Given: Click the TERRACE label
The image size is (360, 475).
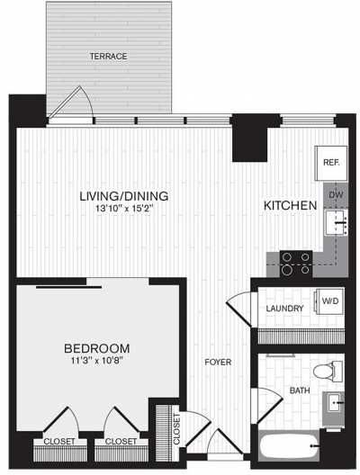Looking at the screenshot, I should click(x=108, y=57).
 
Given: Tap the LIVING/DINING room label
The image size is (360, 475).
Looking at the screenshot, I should click(x=124, y=196).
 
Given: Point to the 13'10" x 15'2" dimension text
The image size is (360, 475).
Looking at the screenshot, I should click(x=124, y=211).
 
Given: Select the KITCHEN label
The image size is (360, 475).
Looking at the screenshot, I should click(x=289, y=206).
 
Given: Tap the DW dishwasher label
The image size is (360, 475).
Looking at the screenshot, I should click(x=334, y=193).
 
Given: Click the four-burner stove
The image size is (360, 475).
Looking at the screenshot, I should click(x=296, y=262).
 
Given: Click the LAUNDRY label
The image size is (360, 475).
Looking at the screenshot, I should click(x=283, y=309).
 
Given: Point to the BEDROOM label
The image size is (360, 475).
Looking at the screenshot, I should click(x=97, y=348).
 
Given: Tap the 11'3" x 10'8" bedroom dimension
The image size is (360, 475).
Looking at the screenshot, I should click(x=97, y=363).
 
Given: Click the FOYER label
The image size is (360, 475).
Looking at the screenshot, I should click(x=218, y=363).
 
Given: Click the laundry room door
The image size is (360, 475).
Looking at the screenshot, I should click(x=238, y=309).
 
